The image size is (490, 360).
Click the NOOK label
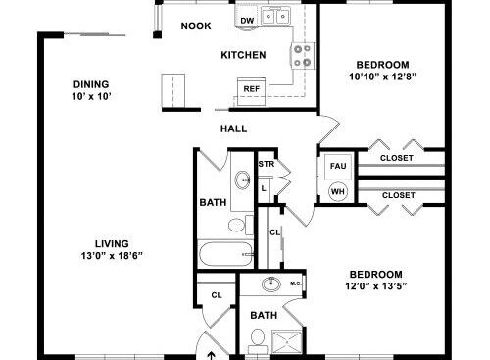point(196,26)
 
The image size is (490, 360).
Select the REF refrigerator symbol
point(251,92)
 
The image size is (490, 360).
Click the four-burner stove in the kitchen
point(303,56)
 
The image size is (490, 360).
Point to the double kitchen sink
point(276,16)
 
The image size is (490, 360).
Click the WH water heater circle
point(338,191)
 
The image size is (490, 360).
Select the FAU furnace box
point(338,167)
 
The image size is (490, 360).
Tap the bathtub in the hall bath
point(225,254)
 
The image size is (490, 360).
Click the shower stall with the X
point(287,342)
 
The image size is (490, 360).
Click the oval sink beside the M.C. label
point(271,283)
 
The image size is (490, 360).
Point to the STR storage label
point(267,164)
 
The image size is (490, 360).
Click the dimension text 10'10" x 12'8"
point(382,77)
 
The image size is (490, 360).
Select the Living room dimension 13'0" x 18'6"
point(112,255)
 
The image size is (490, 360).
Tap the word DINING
point(91,84)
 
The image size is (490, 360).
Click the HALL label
point(233,129)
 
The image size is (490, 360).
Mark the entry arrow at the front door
point(212,356)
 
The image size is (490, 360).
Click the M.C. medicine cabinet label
point(296,283)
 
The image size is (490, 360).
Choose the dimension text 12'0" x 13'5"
point(376,286)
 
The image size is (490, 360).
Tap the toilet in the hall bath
point(241,225)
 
